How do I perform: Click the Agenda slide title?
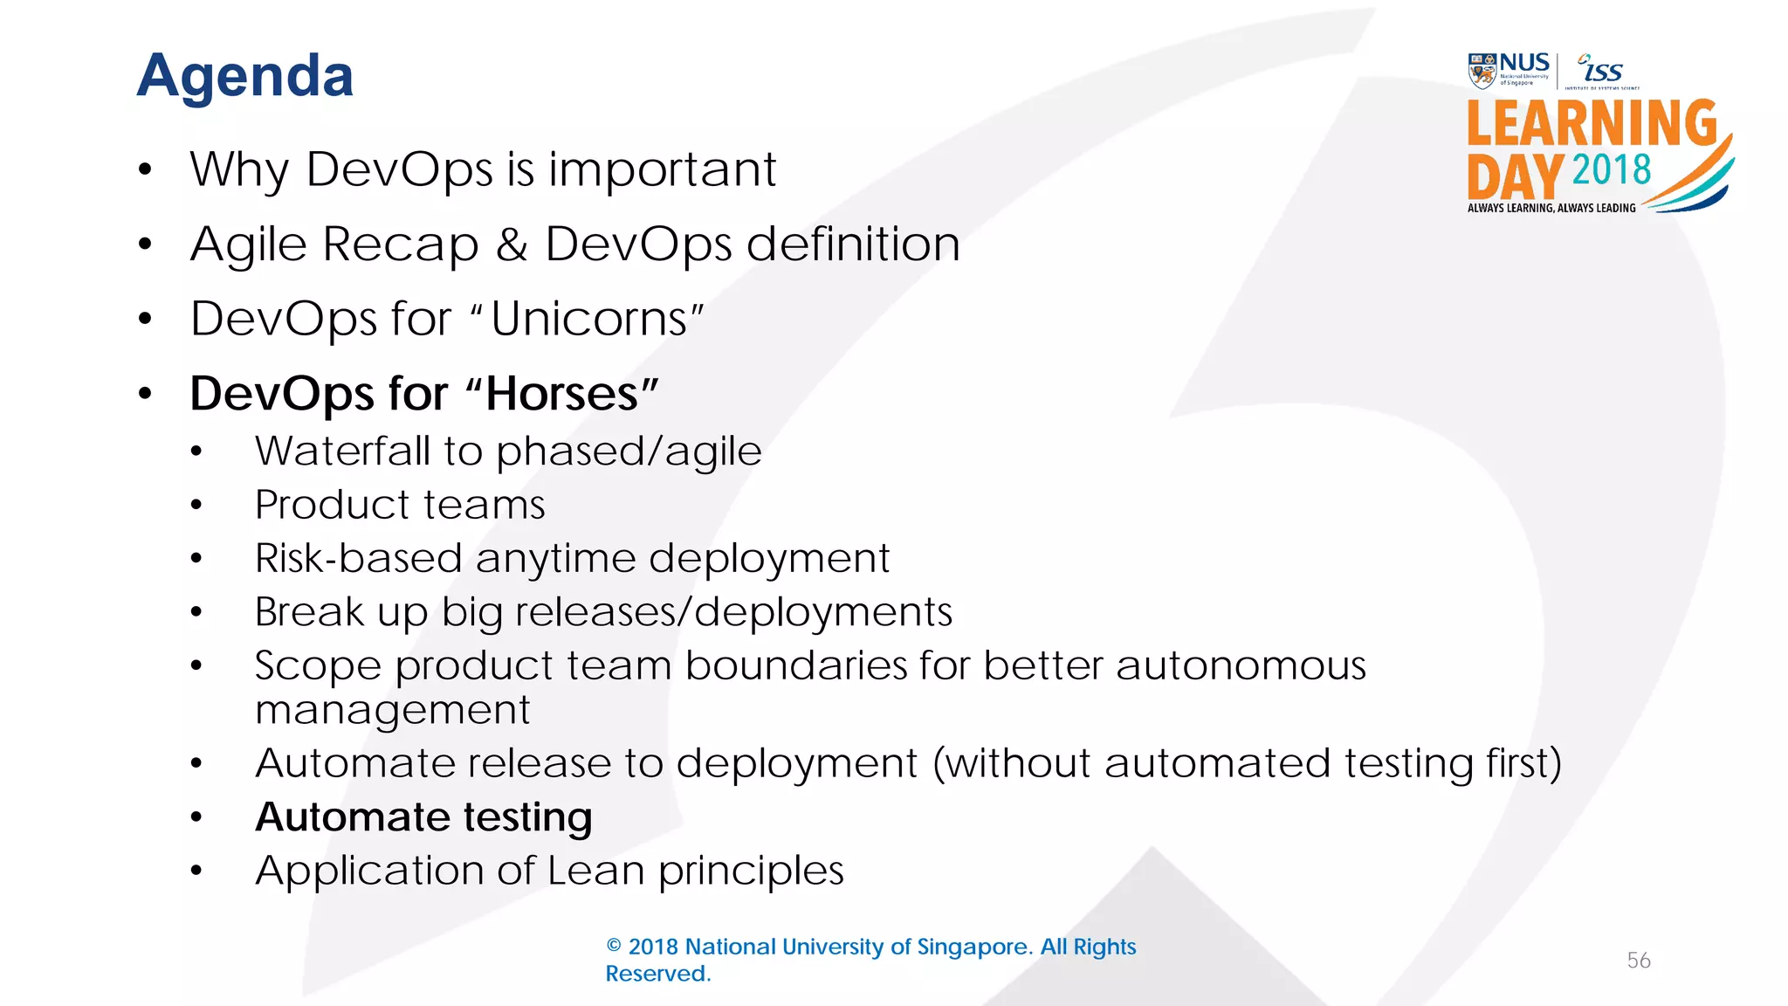(245, 76)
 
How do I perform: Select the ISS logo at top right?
(1601, 70)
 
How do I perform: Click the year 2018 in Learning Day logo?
(1612, 169)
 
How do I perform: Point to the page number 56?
(1639, 961)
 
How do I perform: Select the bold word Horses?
(561, 394)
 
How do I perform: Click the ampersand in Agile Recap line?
(512, 245)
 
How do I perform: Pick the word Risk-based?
(358, 559)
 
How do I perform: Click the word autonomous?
(1241, 666)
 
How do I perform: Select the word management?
(392, 711)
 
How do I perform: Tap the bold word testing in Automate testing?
(527, 818)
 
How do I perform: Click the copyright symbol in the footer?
(614, 947)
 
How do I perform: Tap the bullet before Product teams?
(196, 506)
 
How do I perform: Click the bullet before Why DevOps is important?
(145, 169)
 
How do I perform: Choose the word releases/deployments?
(733, 612)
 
